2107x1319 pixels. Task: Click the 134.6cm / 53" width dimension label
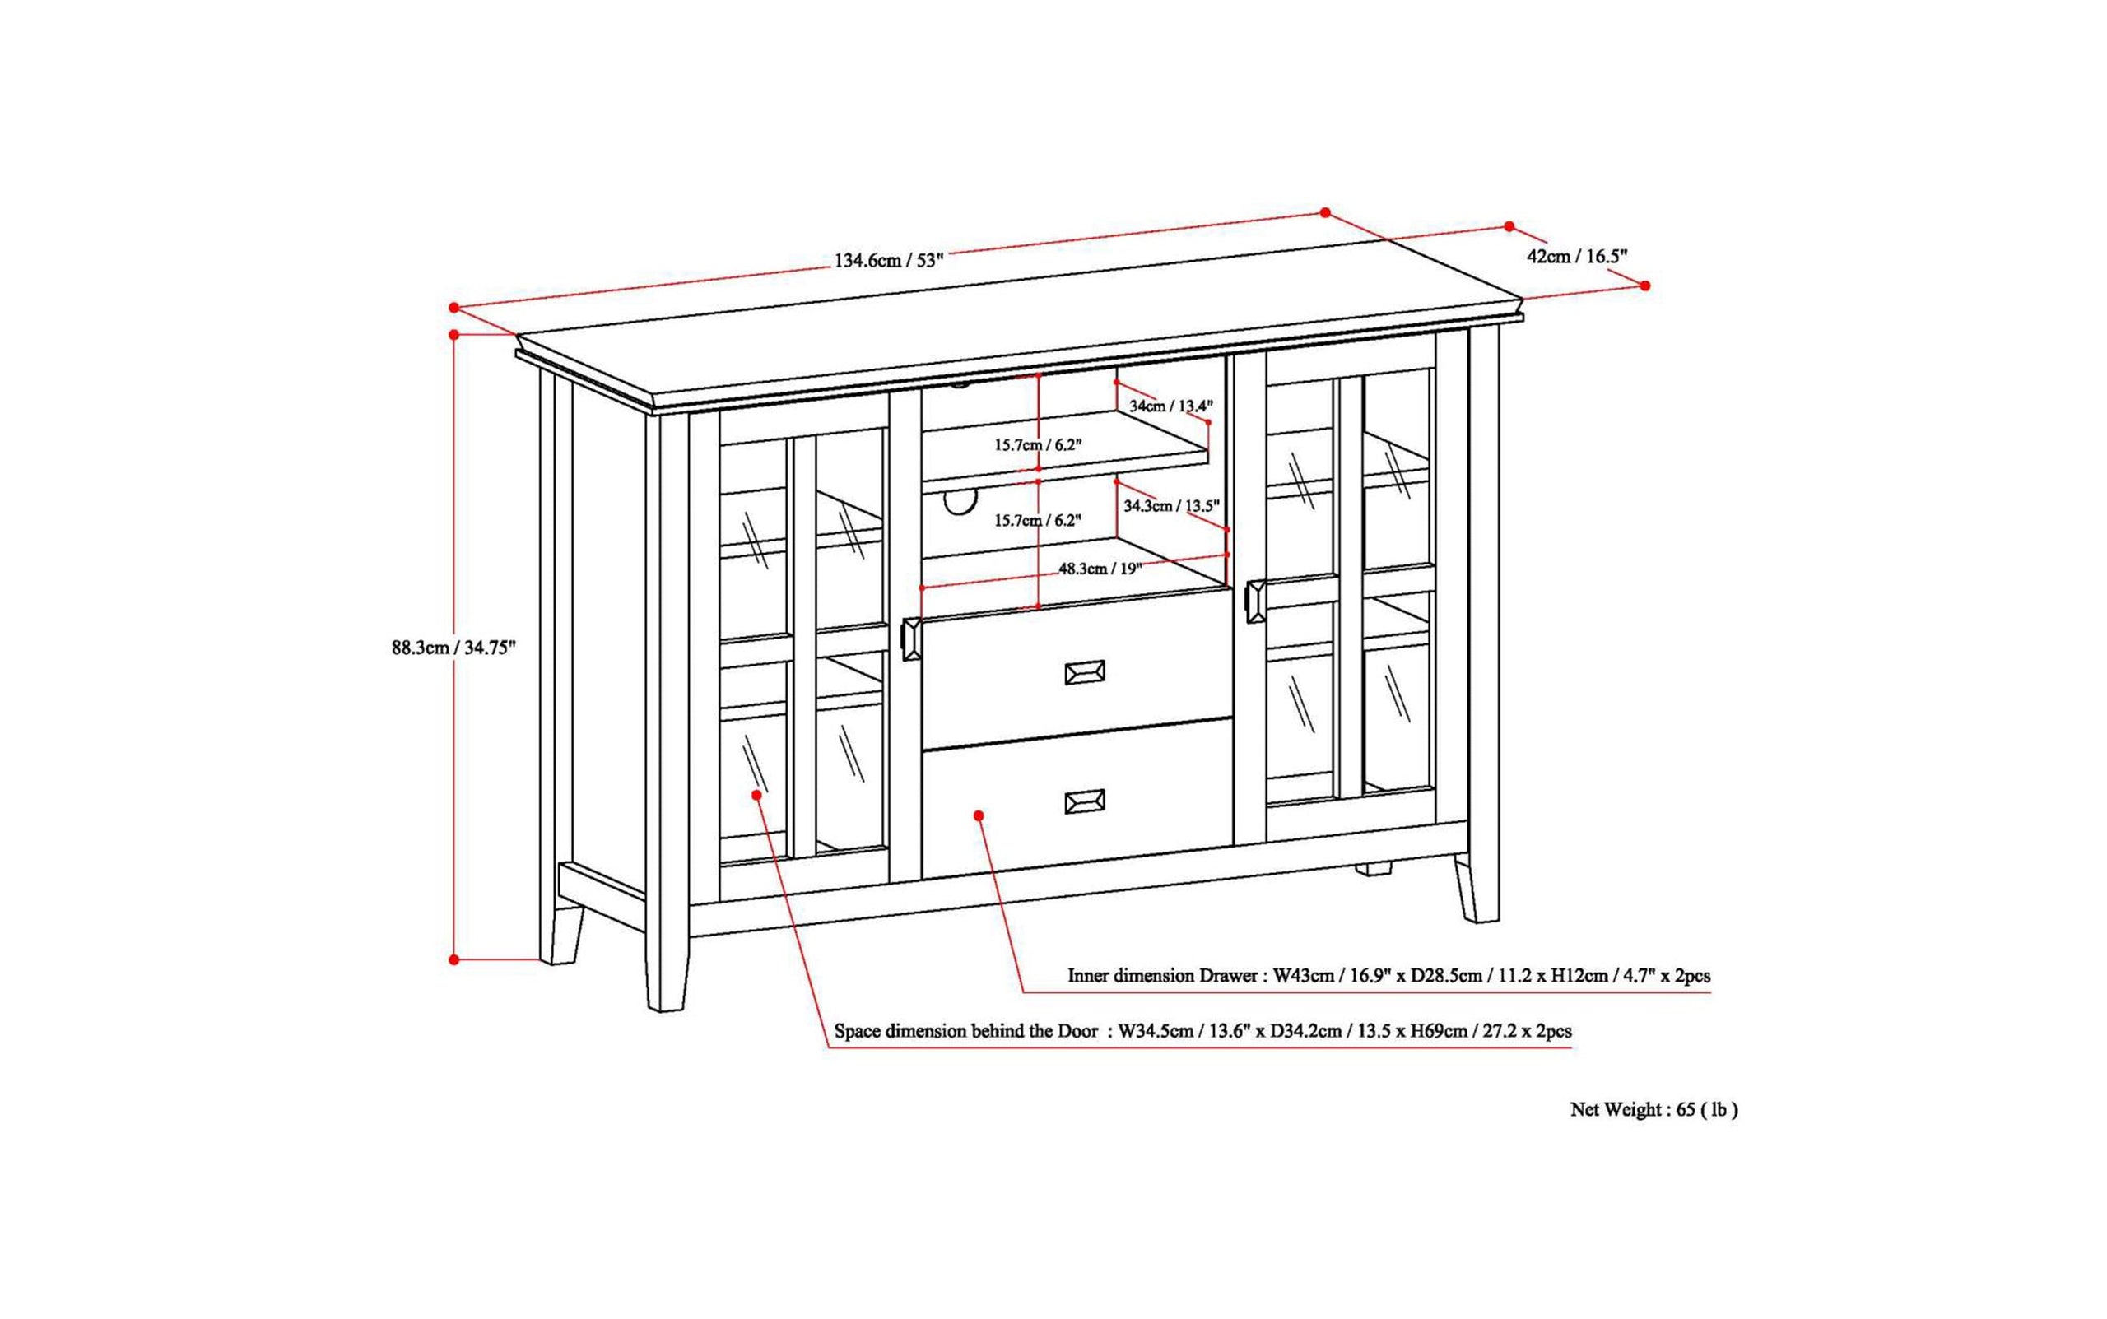889,260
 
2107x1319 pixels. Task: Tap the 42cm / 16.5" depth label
1576,256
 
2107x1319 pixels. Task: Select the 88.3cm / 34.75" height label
453,648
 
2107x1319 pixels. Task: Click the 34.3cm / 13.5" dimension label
1171,506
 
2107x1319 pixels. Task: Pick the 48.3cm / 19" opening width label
1100,569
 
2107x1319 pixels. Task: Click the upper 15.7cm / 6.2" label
1037,445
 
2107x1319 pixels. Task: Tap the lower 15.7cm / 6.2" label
1037,521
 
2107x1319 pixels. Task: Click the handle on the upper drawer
1085,671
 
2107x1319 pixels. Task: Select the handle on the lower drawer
1085,801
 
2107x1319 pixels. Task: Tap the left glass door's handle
912,639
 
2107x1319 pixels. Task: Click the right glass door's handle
1255,601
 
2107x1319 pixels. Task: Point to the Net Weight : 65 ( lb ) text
1654,1110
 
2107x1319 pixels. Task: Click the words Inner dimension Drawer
1161,975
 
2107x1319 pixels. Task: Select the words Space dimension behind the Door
965,1030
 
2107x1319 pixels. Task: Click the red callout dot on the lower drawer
979,815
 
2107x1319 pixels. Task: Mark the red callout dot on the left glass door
756,794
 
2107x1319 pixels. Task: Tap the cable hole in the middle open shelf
959,504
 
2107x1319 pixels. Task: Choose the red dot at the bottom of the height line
453,959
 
